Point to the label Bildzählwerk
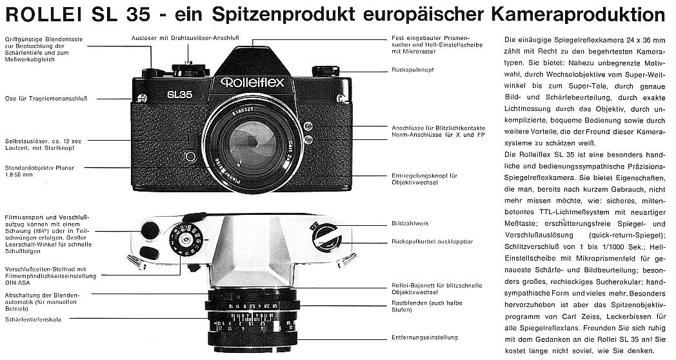coord(410,223)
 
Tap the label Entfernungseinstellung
coord(424,337)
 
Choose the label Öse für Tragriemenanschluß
coord(46,99)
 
